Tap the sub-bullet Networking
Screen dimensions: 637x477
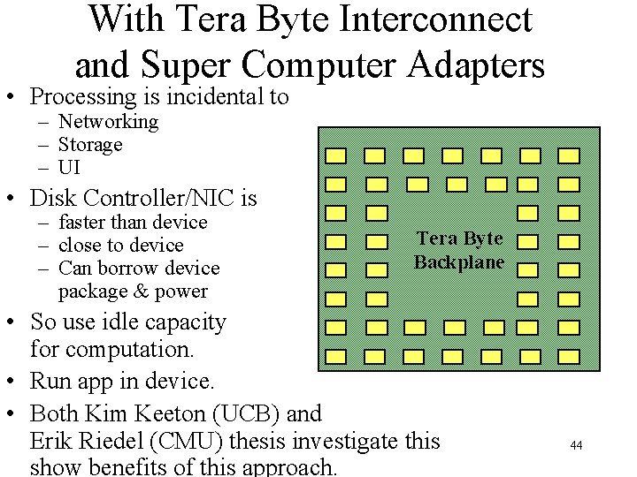tap(108, 122)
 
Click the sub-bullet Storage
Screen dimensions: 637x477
tap(90, 144)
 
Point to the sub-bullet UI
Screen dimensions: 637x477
tap(70, 167)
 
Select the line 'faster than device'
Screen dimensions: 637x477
tap(132, 222)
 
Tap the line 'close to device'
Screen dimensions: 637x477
tap(120, 245)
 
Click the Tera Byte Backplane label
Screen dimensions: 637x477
tap(459, 250)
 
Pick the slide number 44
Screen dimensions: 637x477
tap(576, 445)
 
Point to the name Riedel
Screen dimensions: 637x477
tap(114, 440)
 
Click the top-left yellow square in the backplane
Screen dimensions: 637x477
tap(335, 156)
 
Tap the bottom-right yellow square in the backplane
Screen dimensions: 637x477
tap(569, 356)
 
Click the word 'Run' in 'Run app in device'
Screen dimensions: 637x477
tap(49, 382)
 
